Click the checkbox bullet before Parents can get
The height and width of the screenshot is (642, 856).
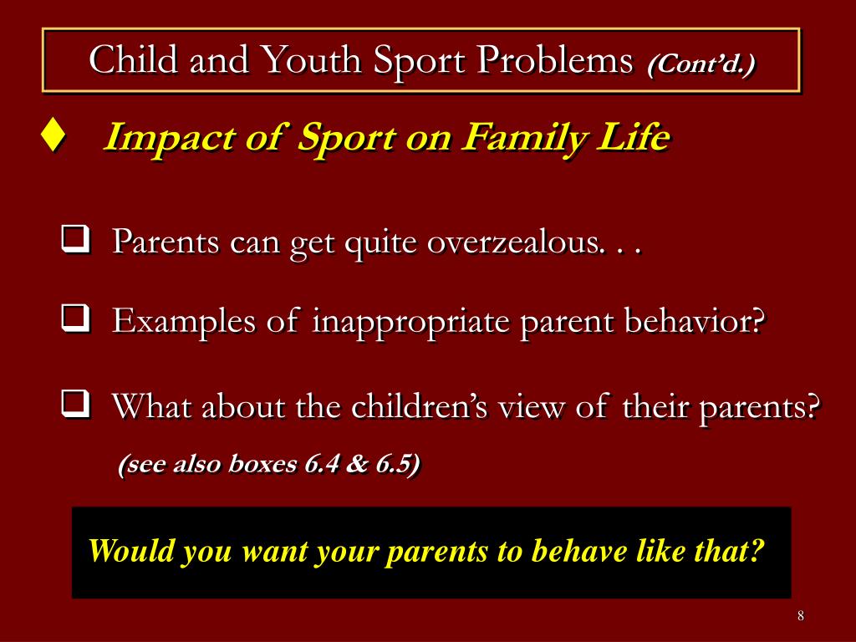pos(75,242)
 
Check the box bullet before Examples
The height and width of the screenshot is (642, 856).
pos(75,319)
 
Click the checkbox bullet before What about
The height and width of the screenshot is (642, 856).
pos(75,407)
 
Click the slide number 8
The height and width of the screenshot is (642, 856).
pos(800,616)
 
